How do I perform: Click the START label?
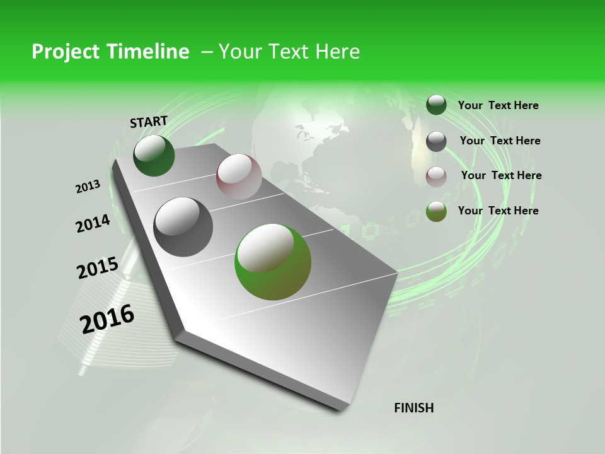(x=149, y=122)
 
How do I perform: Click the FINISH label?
(x=414, y=408)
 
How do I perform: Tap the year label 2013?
(x=88, y=187)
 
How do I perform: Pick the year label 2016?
(x=107, y=319)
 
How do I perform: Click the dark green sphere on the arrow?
(x=154, y=156)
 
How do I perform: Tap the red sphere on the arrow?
(x=239, y=176)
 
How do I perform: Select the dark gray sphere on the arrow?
(x=183, y=226)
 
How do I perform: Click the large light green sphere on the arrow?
(x=273, y=262)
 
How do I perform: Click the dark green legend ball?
(x=436, y=105)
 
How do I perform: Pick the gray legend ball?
(x=436, y=141)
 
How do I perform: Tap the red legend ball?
(x=436, y=177)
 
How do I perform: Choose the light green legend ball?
(x=436, y=211)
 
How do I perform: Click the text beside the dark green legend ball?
(x=498, y=105)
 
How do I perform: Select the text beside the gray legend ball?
(x=500, y=141)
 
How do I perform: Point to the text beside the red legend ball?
(x=501, y=175)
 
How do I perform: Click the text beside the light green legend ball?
(x=498, y=211)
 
